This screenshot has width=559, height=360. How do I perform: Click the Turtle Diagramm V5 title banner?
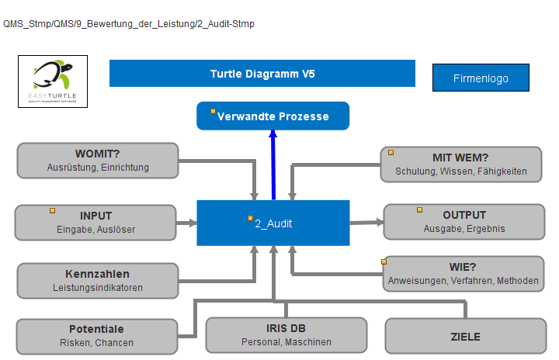tap(262, 74)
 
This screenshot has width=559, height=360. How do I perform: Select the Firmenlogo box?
tap(481, 78)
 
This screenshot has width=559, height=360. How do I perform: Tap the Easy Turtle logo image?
tap(53, 81)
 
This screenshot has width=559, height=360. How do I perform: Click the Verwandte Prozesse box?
tap(273, 116)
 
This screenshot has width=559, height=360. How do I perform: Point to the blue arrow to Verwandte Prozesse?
tap(273, 165)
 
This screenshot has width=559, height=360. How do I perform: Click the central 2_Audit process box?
tap(273, 223)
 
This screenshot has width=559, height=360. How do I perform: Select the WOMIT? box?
tap(98, 161)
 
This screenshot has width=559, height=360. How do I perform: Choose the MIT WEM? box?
tap(461, 164)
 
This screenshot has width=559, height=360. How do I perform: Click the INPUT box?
tap(95, 223)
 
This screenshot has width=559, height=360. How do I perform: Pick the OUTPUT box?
tap(464, 222)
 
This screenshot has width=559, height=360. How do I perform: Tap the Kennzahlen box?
tap(98, 281)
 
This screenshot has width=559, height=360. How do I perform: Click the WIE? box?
tap(463, 274)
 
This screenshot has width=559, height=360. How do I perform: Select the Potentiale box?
tap(97, 336)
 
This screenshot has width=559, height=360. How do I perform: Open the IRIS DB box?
tap(286, 335)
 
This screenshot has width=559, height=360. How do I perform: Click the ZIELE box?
tap(466, 336)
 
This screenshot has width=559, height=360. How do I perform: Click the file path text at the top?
tap(129, 24)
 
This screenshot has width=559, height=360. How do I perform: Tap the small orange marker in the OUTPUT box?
tap(419, 210)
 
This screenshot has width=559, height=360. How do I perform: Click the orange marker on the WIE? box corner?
tap(384, 262)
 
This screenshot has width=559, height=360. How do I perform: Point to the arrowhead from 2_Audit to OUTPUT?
tap(380, 223)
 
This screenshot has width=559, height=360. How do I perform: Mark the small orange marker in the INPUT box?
tap(53, 211)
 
